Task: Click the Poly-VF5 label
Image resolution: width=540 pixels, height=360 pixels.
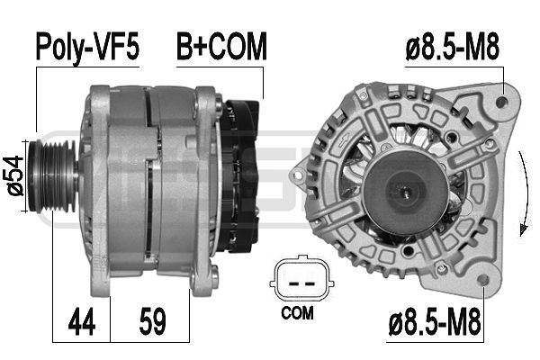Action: click(x=88, y=47)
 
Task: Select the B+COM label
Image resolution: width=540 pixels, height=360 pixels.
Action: click(x=221, y=46)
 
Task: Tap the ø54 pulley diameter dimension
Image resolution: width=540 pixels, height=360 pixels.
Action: click(x=15, y=175)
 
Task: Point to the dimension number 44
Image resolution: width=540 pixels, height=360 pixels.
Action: click(x=82, y=322)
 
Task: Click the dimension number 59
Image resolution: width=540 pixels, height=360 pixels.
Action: click(x=153, y=321)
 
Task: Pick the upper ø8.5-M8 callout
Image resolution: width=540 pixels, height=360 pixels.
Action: click(x=452, y=49)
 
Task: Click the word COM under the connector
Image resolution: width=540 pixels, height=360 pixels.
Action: click(x=297, y=313)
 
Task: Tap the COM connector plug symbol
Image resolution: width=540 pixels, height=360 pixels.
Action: click(x=301, y=279)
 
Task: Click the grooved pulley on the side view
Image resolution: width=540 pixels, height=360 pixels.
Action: click(x=52, y=175)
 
